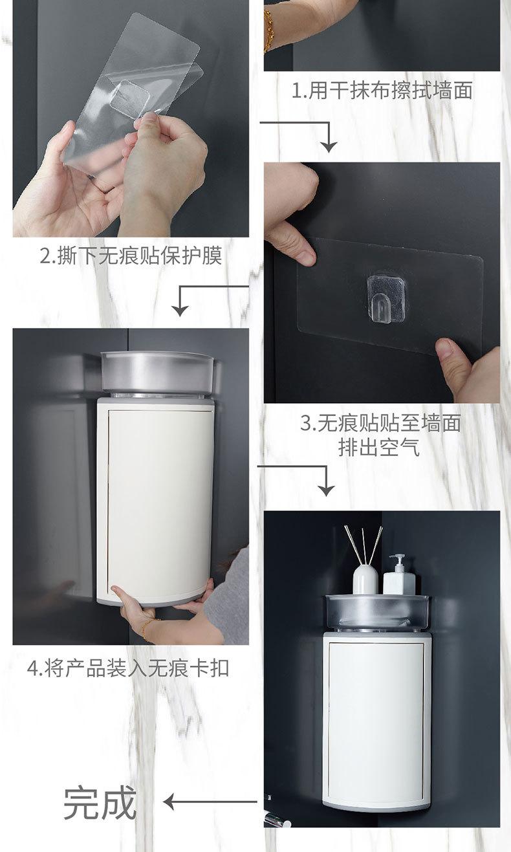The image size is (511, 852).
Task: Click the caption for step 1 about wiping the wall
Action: pos(382,91)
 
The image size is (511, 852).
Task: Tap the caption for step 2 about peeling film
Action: pos(131,256)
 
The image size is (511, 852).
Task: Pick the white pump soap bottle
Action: pos(399,575)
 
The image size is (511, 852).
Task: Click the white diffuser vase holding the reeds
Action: pos(365,580)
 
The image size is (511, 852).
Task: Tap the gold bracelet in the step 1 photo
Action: pos(268,31)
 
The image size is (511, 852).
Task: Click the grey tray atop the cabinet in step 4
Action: pos(157,372)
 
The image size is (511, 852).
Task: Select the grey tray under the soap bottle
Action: pos(377,611)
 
